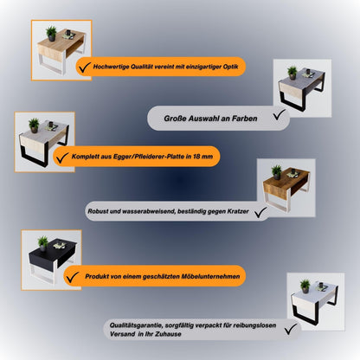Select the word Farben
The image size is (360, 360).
point(238,114)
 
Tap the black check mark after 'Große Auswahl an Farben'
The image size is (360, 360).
point(278,112)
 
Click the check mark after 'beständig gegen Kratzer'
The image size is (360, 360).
point(260,209)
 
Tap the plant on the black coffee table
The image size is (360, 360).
point(42,242)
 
